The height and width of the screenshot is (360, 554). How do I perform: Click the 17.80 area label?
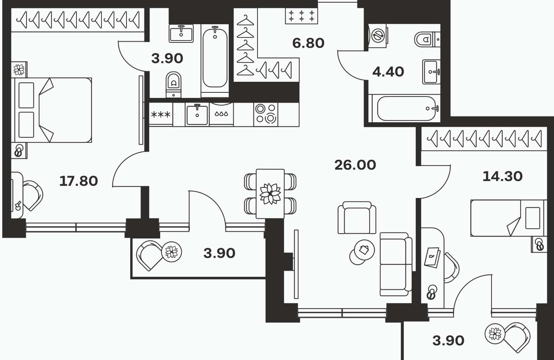(x=79, y=181)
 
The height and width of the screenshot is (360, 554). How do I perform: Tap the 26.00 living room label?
(x=355, y=165)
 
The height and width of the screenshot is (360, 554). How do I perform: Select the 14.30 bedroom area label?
(x=502, y=176)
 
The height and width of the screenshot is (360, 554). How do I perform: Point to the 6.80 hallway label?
(x=308, y=43)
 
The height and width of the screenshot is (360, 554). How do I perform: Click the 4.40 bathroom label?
(x=388, y=72)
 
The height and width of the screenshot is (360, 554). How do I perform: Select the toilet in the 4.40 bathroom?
(x=425, y=39)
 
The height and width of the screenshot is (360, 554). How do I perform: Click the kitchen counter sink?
(x=197, y=114)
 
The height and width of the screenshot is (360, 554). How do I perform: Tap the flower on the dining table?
(x=270, y=193)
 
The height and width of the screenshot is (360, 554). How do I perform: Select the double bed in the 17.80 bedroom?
(x=53, y=110)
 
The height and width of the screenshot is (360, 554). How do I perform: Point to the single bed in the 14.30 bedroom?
(x=507, y=218)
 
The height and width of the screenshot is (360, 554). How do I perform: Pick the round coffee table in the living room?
(x=363, y=251)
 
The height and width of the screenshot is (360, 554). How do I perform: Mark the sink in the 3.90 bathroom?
(x=181, y=33)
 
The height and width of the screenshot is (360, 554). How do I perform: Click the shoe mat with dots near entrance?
(x=301, y=16)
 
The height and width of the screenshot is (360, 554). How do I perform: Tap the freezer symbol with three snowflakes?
(x=161, y=114)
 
